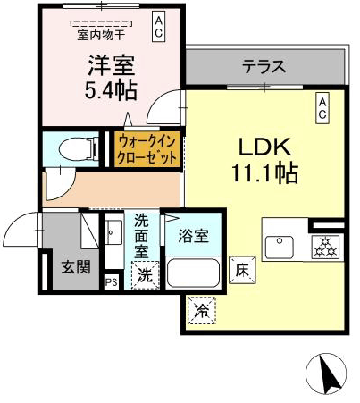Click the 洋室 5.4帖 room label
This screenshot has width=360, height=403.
[x=111, y=78]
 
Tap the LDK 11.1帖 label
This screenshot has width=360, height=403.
[x=264, y=159]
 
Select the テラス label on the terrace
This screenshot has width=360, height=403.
[x=264, y=66]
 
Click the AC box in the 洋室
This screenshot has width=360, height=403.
[x=158, y=26]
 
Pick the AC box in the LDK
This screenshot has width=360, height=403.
[x=322, y=108]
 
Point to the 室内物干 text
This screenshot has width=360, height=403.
[x=101, y=35]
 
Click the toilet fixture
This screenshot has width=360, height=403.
[x=79, y=148]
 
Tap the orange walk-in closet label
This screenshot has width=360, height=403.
[x=147, y=149]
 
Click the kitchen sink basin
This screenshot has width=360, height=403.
[x=279, y=247]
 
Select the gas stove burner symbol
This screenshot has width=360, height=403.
[x=325, y=247]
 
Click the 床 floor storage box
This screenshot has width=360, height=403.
[x=242, y=270]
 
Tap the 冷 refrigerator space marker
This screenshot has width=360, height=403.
[x=202, y=310]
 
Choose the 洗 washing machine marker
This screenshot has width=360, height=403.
[x=145, y=274]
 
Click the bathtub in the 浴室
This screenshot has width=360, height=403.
[x=193, y=273]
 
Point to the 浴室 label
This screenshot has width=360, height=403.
[x=194, y=236]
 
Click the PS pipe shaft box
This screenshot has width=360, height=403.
[x=112, y=281]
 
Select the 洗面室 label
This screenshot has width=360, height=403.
[x=141, y=236]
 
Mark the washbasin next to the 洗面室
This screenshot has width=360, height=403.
[x=113, y=232]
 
